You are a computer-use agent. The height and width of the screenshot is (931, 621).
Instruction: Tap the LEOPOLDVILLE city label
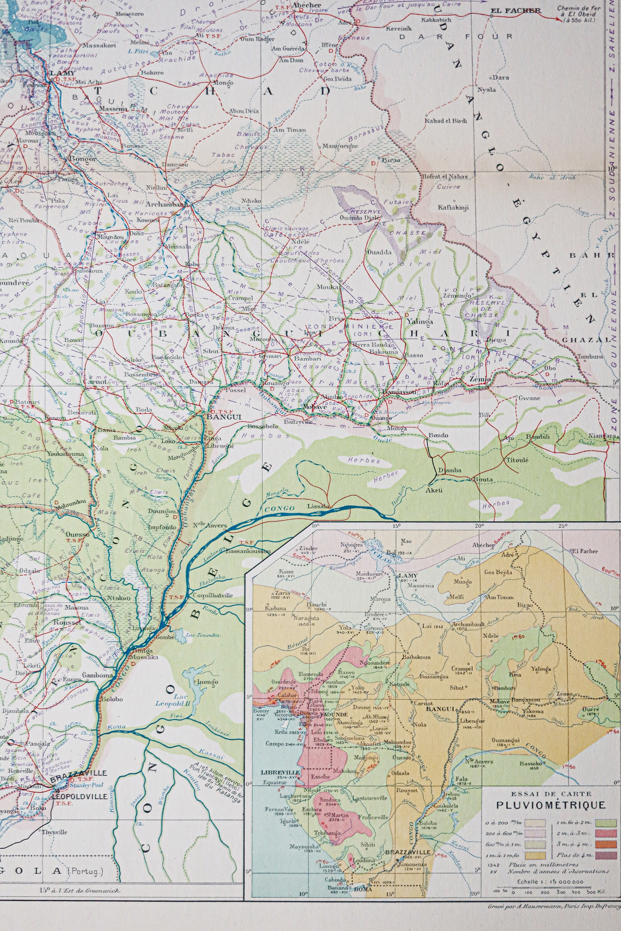coord(80,796)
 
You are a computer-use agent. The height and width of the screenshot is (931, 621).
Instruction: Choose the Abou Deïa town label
coord(244,111)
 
